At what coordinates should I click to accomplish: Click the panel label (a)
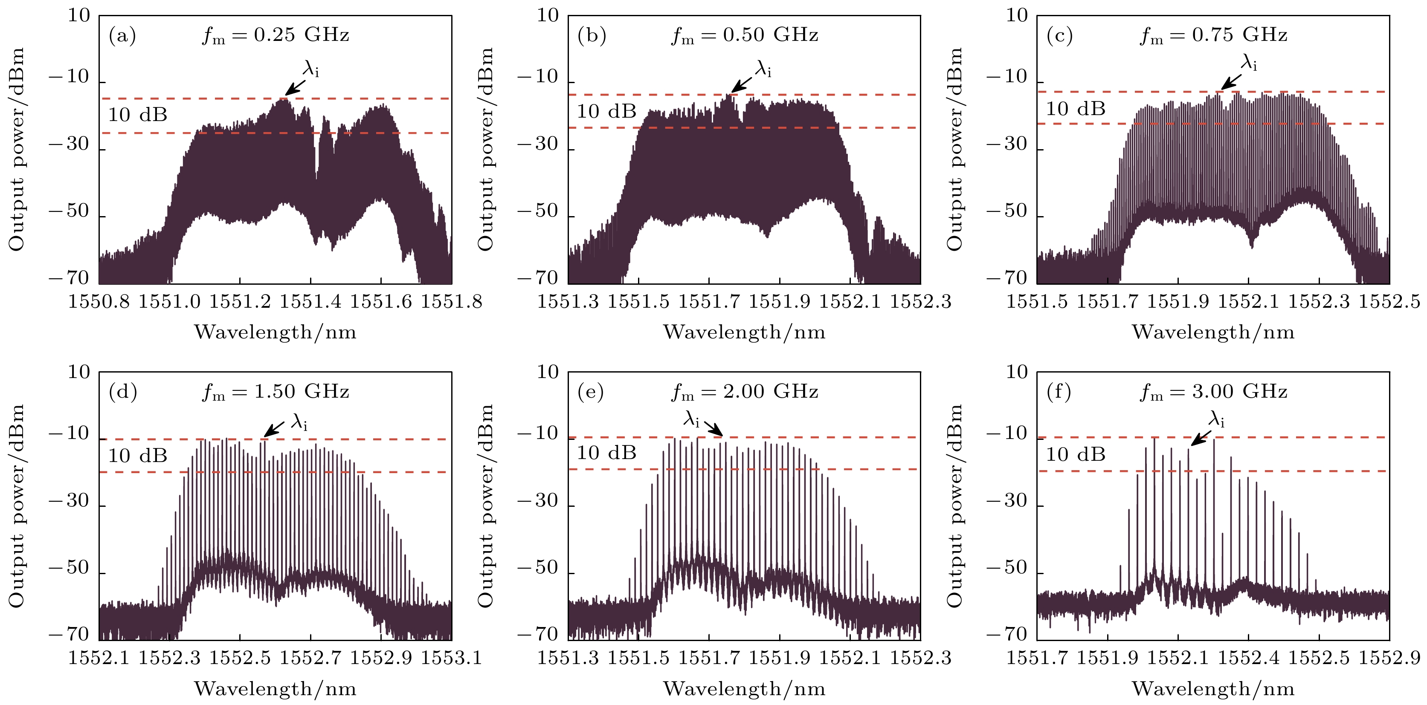pos(122,36)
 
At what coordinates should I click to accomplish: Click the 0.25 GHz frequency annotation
pos(276,35)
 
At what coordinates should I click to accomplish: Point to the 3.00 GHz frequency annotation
pos(1213,392)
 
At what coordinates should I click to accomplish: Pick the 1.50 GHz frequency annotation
pos(276,392)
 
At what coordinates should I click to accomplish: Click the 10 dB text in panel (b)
pos(606,112)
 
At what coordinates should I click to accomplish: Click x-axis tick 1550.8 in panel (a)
pos(99,302)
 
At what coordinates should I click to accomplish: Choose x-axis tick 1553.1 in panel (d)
pos(452,658)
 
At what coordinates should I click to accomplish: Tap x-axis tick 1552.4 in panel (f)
pos(1248,658)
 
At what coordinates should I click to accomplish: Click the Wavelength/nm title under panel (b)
pos(744,332)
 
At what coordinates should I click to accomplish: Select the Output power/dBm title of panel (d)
pos(17,505)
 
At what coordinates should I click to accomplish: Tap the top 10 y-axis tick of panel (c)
pos(1017,15)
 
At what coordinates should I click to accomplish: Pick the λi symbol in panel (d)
pos(299,422)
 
